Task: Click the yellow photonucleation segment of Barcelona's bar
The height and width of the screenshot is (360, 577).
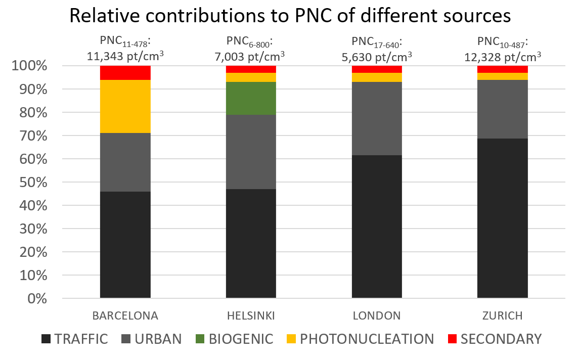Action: (125, 106)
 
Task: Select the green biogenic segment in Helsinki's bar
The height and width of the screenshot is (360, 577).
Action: (251, 99)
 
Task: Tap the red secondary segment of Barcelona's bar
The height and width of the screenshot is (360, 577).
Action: (125, 73)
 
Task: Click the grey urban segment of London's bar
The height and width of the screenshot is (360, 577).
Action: (377, 118)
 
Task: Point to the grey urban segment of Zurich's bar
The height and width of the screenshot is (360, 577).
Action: (502, 109)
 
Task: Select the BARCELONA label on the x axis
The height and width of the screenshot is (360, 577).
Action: (125, 316)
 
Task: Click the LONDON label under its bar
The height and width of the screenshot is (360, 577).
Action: (377, 316)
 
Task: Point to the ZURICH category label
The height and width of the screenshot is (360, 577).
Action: (502, 316)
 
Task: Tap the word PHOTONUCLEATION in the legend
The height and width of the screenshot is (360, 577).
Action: (367, 339)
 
